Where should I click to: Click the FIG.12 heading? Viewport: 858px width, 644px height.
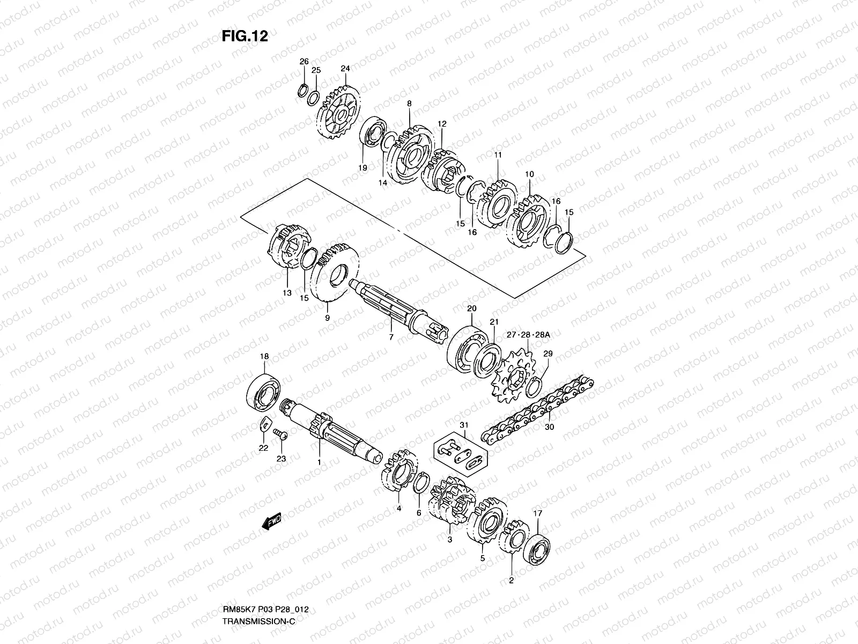click(x=245, y=36)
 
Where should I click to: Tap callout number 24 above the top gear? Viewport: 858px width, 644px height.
click(x=345, y=69)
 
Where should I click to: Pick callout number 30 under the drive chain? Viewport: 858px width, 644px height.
click(x=549, y=427)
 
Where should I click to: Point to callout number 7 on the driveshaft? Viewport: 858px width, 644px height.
click(x=391, y=338)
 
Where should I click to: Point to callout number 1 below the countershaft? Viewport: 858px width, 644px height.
click(x=319, y=462)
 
